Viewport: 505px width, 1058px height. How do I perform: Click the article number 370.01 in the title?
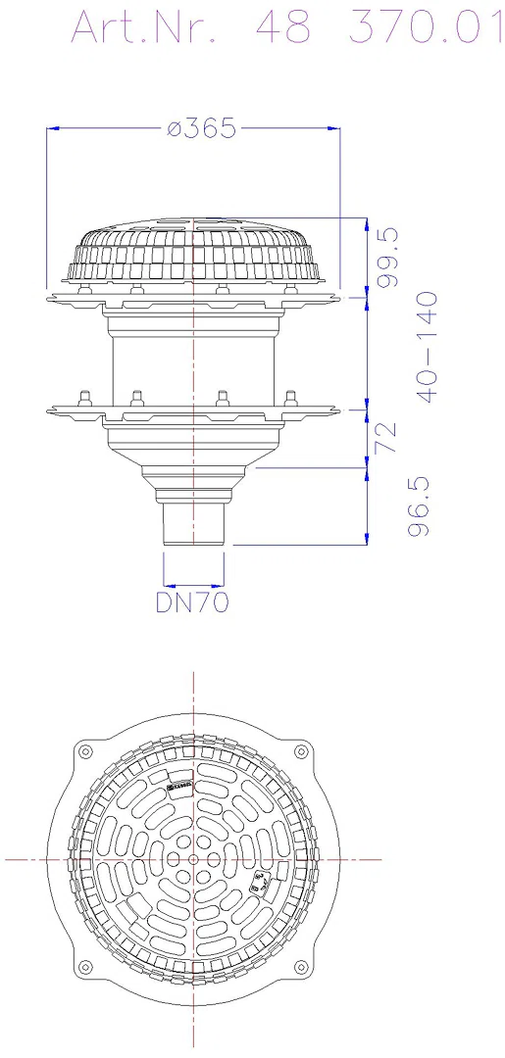(x=426, y=27)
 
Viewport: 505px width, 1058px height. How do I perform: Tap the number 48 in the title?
(x=284, y=27)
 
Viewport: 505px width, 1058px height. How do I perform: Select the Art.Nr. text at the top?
(x=144, y=27)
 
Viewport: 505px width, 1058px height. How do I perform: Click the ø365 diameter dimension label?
(x=202, y=128)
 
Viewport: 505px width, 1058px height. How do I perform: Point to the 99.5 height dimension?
(x=389, y=258)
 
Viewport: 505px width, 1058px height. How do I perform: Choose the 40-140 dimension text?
(x=427, y=347)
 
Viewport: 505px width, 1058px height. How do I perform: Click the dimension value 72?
(x=388, y=438)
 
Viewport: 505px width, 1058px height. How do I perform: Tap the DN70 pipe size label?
(x=192, y=601)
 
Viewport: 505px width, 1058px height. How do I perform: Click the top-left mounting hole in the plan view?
(x=85, y=751)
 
